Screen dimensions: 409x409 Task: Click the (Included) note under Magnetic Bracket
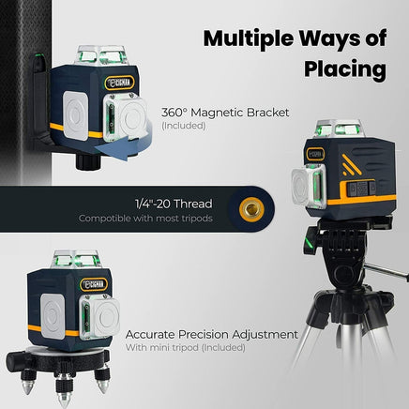coord(183,125)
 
